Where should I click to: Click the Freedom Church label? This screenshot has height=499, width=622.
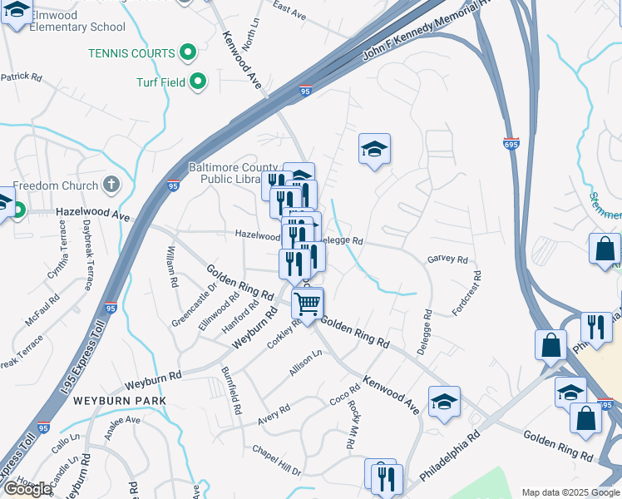pyautogui.click(x=55, y=185)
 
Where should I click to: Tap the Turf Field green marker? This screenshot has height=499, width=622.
pyautogui.click(x=198, y=82)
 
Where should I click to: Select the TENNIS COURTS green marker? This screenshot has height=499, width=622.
pyautogui.click(x=188, y=52)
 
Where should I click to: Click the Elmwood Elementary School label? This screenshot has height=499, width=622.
pyautogui.click(x=65, y=21)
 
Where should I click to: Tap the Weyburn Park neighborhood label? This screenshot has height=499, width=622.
pyautogui.click(x=120, y=401)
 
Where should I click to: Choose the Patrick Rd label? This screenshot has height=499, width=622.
pyautogui.click(x=21, y=77)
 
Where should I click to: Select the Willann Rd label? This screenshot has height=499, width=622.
pyautogui.click(x=172, y=267)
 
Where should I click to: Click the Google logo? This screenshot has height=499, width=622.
pyautogui.click(x=27, y=489)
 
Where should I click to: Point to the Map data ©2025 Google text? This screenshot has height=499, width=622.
pyautogui.click(x=570, y=492)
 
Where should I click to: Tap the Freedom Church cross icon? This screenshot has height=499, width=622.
pyautogui.click(x=112, y=185)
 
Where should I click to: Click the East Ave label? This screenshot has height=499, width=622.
pyautogui.click(x=290, y=10)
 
